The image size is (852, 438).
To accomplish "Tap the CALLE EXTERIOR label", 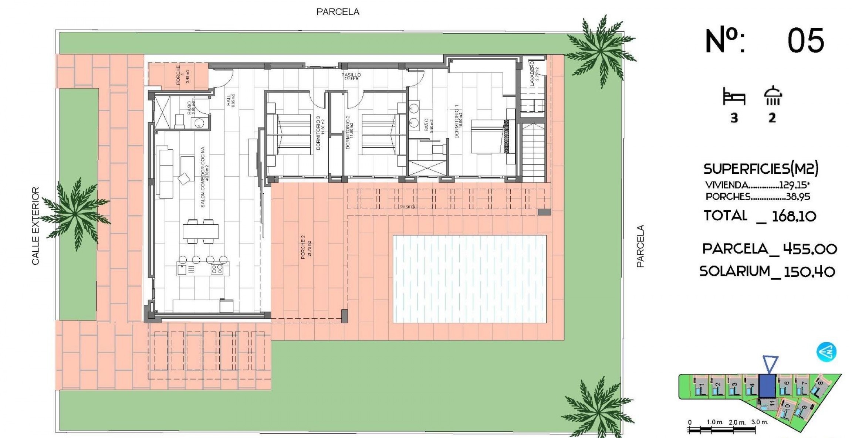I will (35, 225).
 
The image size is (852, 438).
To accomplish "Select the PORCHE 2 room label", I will (306, 247).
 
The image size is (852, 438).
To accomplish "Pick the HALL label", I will (230, 100).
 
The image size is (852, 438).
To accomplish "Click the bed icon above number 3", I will (734, 97).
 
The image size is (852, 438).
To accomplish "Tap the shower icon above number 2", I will (772, 96).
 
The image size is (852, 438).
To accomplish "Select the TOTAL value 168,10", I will (794, 216).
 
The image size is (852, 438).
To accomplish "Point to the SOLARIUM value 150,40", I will (809, 272).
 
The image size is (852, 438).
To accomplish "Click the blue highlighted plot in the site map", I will (767, 385).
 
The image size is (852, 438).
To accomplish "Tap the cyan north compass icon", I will (826, 352).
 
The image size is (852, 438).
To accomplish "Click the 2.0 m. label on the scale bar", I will (737, 422).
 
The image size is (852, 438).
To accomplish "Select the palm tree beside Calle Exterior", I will (76, 213).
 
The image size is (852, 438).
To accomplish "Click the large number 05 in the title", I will (805, 41).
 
